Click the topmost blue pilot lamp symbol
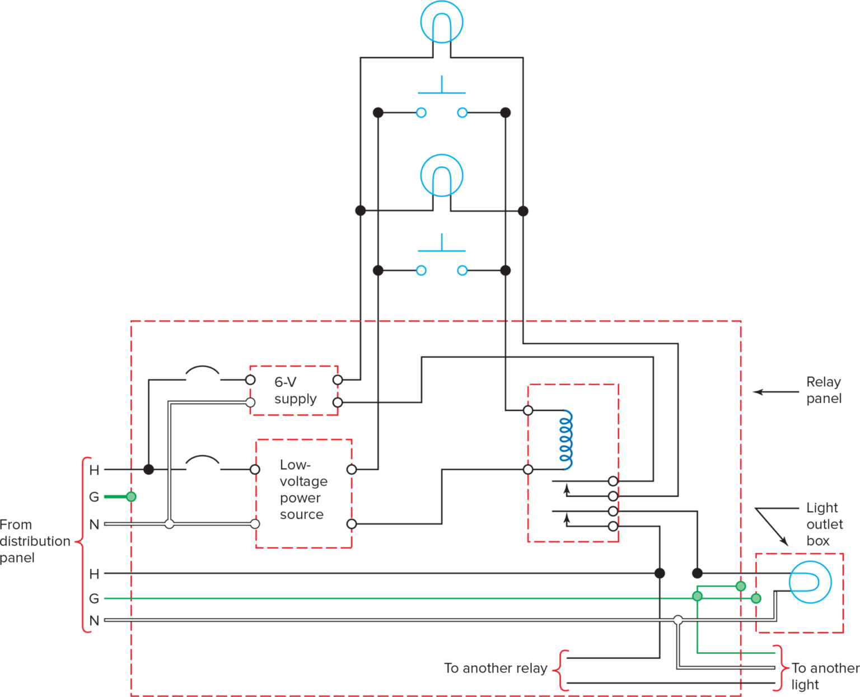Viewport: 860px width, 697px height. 442,22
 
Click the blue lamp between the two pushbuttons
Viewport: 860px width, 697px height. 442,175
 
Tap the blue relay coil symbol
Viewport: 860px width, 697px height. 567,439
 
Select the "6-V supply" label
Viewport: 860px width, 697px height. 295,390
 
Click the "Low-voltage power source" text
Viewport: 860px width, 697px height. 303,490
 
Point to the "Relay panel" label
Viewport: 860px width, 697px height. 823,390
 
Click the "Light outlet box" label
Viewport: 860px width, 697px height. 824,524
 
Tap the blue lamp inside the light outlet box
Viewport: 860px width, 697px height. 810,582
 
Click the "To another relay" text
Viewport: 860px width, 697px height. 495,668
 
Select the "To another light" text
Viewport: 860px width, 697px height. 824,676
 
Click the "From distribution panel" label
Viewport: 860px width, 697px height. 35,541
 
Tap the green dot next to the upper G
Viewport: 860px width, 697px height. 131,497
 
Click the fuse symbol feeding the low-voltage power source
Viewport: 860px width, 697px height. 202,462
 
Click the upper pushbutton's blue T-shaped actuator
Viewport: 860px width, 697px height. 442,87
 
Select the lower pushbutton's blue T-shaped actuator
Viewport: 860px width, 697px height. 442,245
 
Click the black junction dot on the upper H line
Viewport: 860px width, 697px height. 148,469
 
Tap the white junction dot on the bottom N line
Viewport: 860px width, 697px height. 678,620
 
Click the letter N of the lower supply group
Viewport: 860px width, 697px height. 94,620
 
